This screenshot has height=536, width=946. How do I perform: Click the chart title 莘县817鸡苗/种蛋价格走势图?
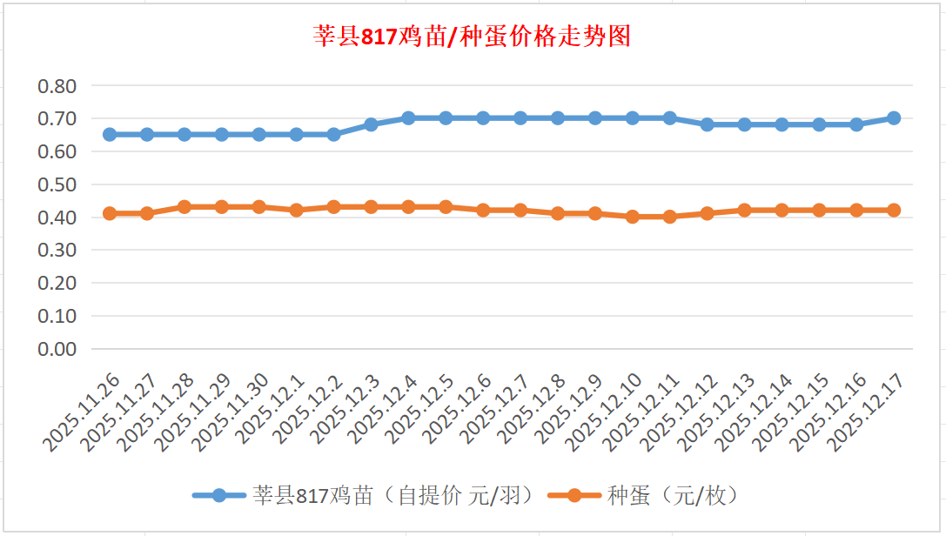[472, 37]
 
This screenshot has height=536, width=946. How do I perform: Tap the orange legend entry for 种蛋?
[644, 496]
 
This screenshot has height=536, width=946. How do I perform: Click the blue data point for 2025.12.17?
[893, 118]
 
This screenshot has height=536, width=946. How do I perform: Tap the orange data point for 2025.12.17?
[893, 210]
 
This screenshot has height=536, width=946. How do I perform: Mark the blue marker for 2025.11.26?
[110, 135]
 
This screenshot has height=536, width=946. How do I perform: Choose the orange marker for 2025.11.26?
[110, 213]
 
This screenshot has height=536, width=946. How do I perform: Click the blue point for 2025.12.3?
[371, 124]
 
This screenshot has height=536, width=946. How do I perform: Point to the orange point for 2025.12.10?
[632, 217]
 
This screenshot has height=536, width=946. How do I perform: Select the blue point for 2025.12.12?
[707, 124]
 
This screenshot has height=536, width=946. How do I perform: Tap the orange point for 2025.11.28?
[185, 207]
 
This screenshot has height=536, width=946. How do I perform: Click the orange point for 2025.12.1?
[296, 210]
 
